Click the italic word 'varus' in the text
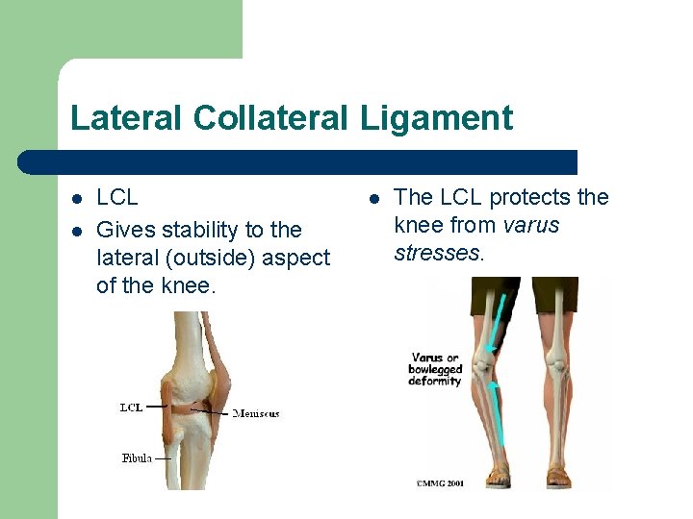point(532,226)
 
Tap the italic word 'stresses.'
point(438,254)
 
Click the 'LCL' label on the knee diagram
point(131,408)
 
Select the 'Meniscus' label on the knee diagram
point(256,413)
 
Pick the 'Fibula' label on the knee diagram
point(136,458)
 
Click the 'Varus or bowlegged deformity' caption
point(437,369)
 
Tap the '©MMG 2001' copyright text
point(441,482)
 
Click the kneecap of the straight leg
point(555,364)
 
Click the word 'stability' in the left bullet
point(198,231)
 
